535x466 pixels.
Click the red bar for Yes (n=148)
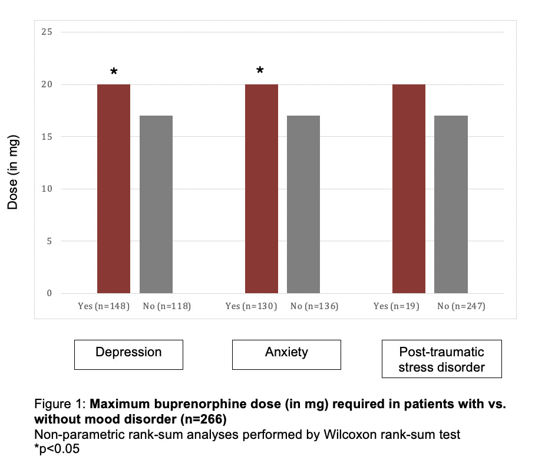(114, 189)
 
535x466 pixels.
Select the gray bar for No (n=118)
(156, 204)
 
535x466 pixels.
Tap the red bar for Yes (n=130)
(262, 189)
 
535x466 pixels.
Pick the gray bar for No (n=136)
(303, 204)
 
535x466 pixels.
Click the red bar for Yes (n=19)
(409, 189)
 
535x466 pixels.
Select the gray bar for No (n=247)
(451, 204)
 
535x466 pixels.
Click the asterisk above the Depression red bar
(114, 73)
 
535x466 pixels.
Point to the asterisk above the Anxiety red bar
(260, 72)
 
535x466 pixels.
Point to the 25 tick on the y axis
(47, 32)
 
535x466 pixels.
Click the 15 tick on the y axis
(47, 136)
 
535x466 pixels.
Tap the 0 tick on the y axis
(49, 293)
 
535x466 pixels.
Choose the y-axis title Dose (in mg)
(13, 172)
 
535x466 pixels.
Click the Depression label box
(128, 354)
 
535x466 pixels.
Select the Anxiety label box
(286, 354)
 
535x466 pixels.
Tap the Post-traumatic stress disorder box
(441, 359)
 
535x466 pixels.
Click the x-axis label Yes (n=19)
(397, 307)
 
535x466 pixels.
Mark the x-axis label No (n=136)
(315, 307)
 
